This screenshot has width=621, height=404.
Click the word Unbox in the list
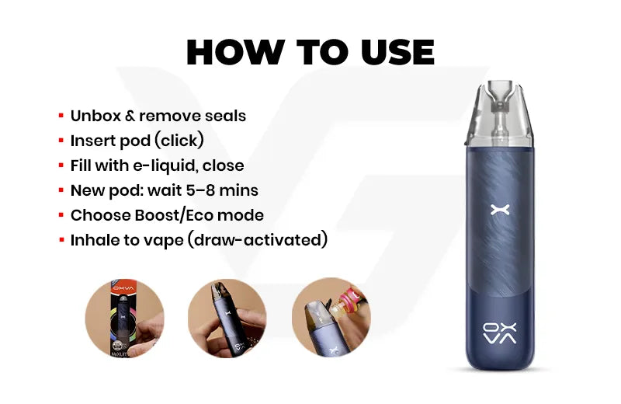(95, 117)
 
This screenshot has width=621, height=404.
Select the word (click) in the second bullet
(179, 141)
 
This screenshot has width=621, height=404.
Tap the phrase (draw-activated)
(258, 240)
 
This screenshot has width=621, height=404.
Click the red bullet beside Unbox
(61, 116)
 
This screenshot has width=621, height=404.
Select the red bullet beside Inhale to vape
(61, 240)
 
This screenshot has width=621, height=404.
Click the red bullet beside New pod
(61, 190)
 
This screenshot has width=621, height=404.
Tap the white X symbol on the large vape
(500, 210)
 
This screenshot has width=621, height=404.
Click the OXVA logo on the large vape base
(500, 333)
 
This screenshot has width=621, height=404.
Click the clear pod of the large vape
(499, 114)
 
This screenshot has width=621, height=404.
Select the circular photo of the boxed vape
(124, 318)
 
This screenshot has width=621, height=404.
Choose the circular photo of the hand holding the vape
(227, 318)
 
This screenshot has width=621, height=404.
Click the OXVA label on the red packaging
(123, 288)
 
